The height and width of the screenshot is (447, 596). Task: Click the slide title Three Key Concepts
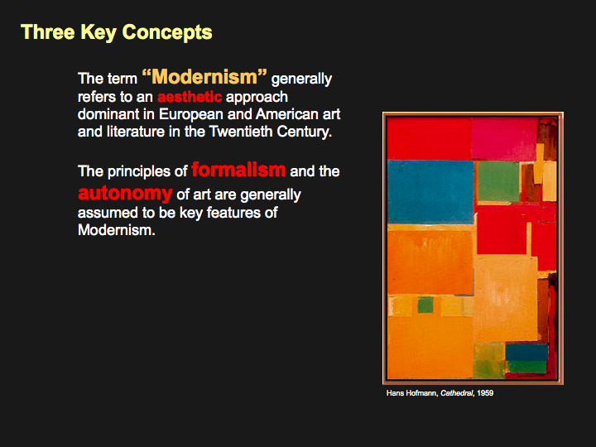click(117, 32)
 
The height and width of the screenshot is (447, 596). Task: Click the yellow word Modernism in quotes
click(204, 76)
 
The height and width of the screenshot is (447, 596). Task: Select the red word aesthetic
click(190, 97)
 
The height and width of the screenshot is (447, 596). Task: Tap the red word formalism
click(238, 170)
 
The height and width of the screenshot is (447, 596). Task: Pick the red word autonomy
click(125, 194)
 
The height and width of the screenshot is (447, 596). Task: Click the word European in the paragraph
click(191, 115)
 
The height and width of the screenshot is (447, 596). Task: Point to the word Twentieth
click(241, 132)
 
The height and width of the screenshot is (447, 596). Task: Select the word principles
click(138, 172)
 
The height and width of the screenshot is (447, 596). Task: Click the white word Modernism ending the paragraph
click(117, 230)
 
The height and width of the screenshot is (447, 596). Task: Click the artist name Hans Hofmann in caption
click(412, 393)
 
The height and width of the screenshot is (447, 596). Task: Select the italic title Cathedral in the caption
click(457, 393)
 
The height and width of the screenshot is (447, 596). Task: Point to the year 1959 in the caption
click(485, 393)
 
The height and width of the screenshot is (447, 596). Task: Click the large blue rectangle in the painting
click(430, 192)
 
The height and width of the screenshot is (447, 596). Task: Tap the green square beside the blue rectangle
click(498, 181)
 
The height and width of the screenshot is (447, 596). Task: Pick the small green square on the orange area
click(425, 305)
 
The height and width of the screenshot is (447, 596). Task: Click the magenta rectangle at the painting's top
click(504, 139)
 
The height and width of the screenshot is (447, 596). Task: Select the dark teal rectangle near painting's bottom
click(526, 353)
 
